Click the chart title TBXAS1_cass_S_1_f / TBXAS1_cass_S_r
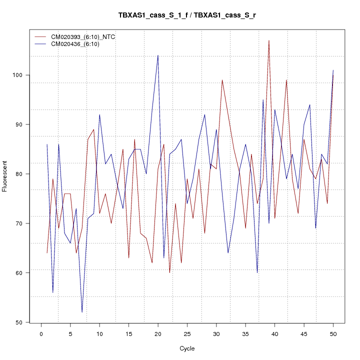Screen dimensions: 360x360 coord(187,15)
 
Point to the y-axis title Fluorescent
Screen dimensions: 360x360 coord(5,176)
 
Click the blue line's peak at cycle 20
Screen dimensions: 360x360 coord(158,55)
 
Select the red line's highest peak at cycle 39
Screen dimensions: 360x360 coord(269,40)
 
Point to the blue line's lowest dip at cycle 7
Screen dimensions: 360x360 coord(82,312)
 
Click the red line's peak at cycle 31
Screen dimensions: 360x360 coord(222,80)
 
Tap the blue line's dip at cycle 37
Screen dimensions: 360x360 coord(257,272)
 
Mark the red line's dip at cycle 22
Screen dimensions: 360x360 coord(169,272)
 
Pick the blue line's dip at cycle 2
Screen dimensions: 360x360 coord(52,292)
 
